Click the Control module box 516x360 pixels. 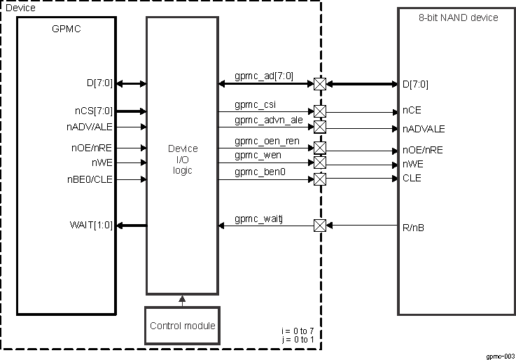[x=183, y=325]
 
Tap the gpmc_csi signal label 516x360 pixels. [x=255, y=104]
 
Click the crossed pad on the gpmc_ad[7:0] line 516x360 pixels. [x=320, y=84]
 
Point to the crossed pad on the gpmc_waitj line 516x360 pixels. [x=320, y=226]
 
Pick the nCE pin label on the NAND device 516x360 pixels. [x=412, y=111]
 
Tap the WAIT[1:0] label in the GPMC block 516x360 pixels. [x=91, y=225]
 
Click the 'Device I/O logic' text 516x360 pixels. [x=183, y=159]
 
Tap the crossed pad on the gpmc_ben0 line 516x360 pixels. [x=320, y=179]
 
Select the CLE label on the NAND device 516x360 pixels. [x=412, y=178]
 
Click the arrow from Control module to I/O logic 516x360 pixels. [x=183, y=300]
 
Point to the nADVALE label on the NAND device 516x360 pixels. [x=423, y=129]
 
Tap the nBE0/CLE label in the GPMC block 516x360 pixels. [x=90, y=179]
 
